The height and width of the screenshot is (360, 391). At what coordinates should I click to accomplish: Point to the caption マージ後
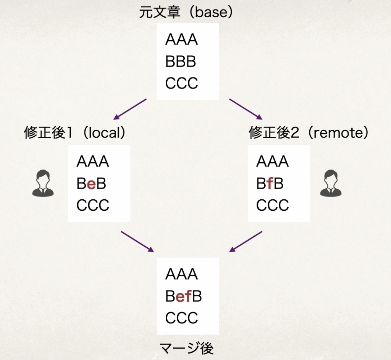click(186, 348)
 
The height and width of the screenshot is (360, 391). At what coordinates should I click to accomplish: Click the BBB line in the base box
click(181, 61)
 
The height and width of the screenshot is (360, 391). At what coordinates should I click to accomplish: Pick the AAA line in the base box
click(181, 40)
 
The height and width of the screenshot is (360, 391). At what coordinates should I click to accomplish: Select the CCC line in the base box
click(181, 83)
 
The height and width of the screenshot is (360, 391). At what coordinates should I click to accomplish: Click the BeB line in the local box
click(91, 184)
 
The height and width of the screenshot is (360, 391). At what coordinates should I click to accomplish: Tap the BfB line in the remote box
click(270, 184)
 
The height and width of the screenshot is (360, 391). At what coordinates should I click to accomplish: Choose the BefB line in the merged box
click(183, 296)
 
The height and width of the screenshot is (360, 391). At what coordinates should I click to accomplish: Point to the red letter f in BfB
click(270, 184)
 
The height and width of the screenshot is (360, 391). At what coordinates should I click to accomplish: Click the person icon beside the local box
click(43, 184)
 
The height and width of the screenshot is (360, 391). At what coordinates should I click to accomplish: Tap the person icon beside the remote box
click(331, 184)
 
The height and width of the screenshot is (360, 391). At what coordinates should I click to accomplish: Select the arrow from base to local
click(130, 109)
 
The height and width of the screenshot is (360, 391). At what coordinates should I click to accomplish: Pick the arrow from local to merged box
click(137, 242)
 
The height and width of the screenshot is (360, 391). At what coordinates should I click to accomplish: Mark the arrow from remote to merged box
click(246, 242)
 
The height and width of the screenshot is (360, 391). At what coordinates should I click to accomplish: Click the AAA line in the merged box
click(181, 274)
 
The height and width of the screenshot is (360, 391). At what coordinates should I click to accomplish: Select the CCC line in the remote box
click(272, 205)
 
